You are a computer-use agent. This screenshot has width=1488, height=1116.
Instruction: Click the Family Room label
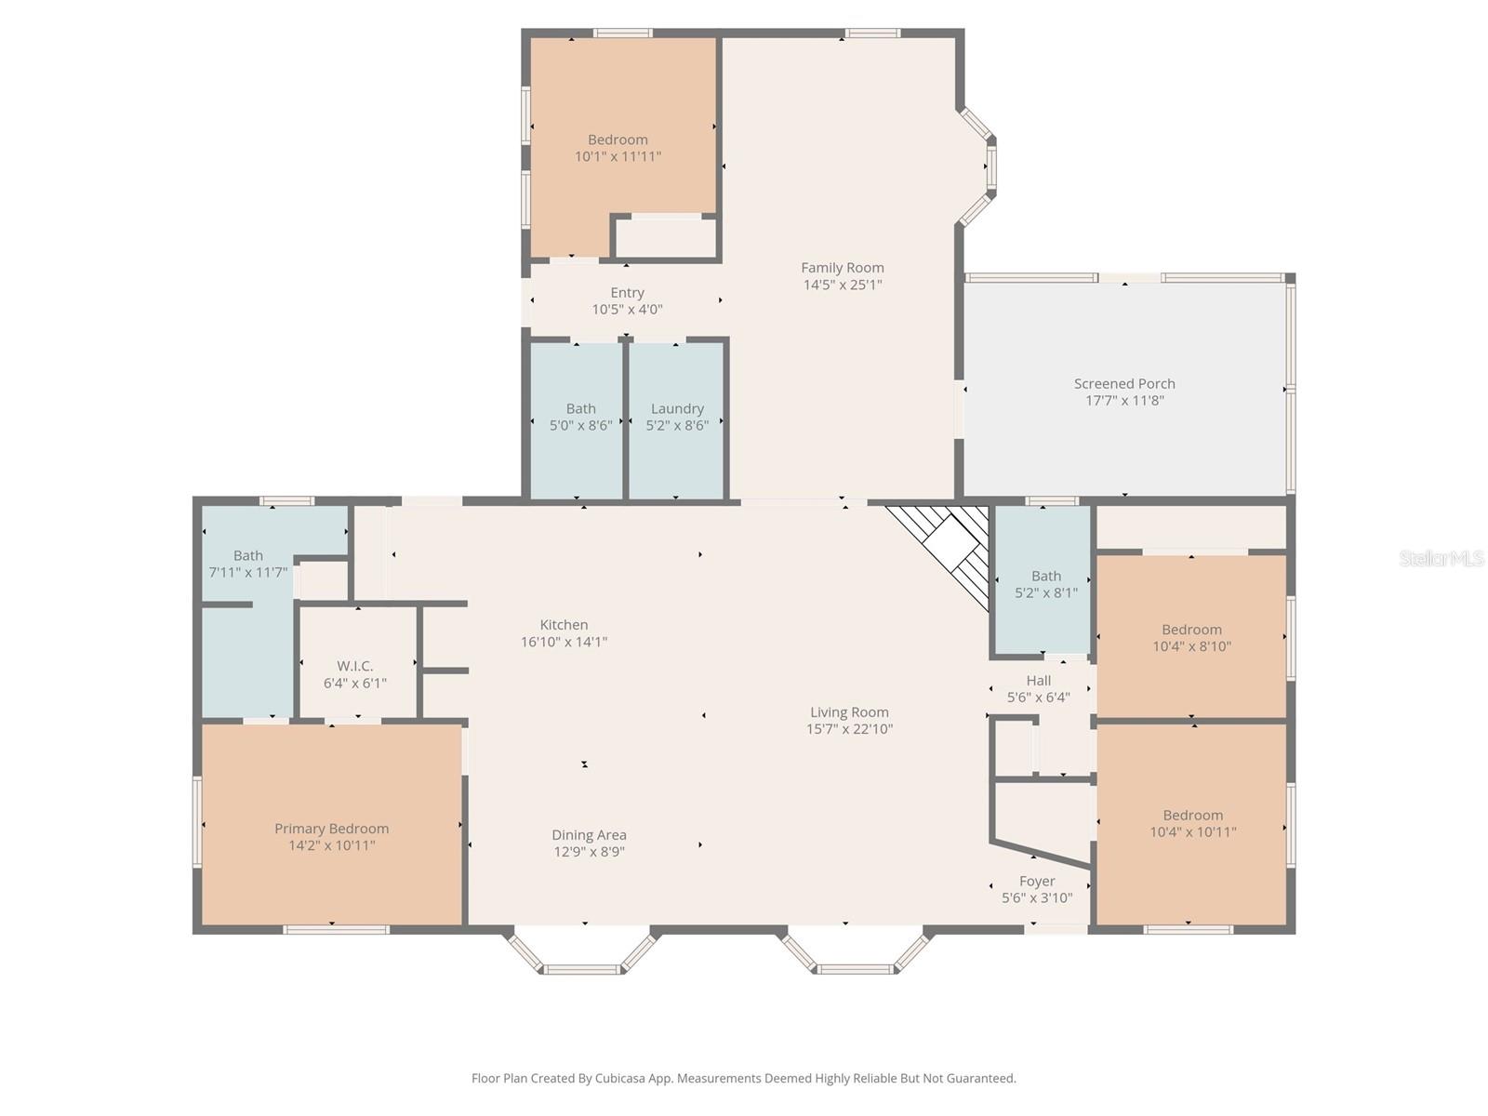pos(842,268)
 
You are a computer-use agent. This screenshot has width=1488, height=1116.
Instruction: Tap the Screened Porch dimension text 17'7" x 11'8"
pos(1124,401)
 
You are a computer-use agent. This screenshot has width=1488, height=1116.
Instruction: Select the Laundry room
pos(677,418)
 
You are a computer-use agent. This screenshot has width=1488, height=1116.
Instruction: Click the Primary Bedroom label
pos(331,829)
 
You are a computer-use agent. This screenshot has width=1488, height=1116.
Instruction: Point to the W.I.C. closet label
pos(354,666)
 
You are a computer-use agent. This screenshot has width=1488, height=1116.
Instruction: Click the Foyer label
pos(1037,881)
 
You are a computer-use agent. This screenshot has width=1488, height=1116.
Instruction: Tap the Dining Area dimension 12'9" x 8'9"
pos(588,852)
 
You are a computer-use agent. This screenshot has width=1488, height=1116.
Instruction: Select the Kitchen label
pos(564,625)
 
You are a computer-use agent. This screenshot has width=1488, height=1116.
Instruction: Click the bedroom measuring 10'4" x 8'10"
pos(1191,638)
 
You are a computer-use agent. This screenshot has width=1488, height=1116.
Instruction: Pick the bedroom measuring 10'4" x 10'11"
pos(1192,824)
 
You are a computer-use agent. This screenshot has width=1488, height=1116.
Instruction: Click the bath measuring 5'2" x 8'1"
pos(1045,584)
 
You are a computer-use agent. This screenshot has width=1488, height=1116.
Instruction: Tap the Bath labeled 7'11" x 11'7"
pos(247,564)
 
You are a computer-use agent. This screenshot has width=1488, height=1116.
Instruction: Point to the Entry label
pos(627,293)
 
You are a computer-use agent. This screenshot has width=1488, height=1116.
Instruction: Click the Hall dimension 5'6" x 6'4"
pos(1038,697)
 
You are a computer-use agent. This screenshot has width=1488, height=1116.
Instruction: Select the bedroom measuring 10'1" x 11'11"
pos(618,148)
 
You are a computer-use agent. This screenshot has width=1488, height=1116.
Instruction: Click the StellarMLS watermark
pos(1441,558)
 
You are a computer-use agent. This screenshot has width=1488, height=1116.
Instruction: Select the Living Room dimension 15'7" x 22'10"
pos(849,729)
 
